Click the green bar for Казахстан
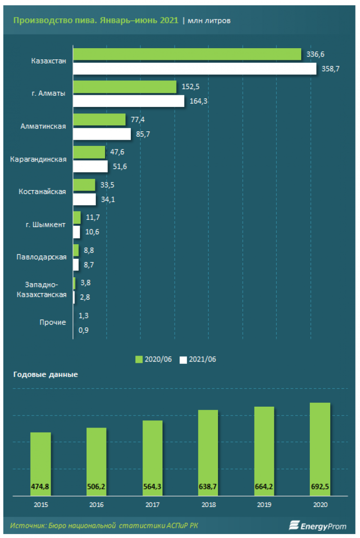(x=187, y=54)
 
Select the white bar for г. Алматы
(x=129, y=101)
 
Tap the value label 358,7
(x=330, y=69)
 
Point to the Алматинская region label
(x=43, y=126)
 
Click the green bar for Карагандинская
(x=89, y=152)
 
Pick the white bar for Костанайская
(x=85, y=199)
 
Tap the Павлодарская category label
(x=41, y=257)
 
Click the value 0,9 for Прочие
(x=85, y=330)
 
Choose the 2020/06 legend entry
(x=155, y=359)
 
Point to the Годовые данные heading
(x=45, y=375)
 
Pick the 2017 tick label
(x=152, y=504)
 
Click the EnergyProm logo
(x=318, y=525)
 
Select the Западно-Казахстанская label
(x=41, y=290)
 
